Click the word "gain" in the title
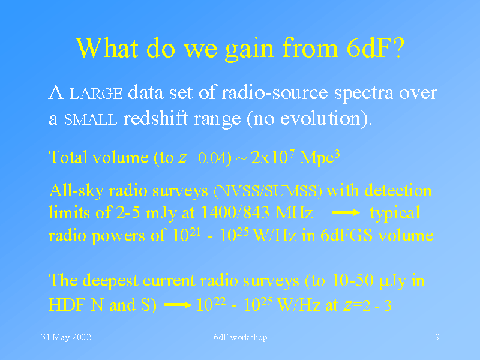249,49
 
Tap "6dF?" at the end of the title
376,48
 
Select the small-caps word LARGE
96,94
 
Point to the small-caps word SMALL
91,119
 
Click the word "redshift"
156,118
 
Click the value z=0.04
203,158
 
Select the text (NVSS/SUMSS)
268,191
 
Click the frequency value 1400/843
235,212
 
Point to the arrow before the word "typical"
346,212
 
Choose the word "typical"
395,214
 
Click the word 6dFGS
346,235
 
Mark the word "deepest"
110,281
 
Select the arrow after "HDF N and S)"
178,305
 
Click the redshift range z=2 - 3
367,305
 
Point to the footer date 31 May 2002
66,337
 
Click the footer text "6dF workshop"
241,337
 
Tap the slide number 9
437,337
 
